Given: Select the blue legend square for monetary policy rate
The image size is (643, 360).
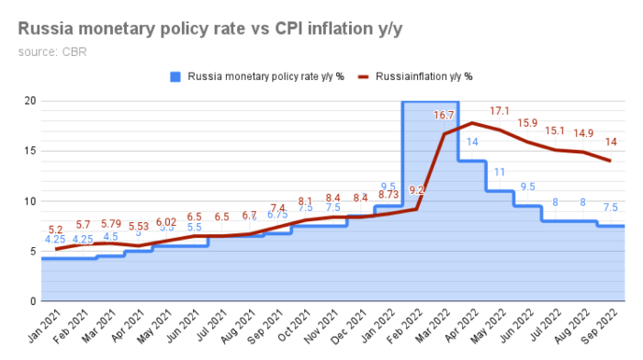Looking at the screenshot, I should pyautogui.click(x=175, y=76).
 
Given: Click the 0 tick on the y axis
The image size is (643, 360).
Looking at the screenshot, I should pyautogui.click(x=32, y=301).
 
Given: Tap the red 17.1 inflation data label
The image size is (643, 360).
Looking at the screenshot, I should pyautogui.click(x=500, y=111).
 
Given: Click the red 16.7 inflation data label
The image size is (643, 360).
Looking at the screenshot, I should pyautogui.click(x=445, y=116).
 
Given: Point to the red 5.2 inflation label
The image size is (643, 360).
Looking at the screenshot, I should pyautogui.click(x=55, y=231).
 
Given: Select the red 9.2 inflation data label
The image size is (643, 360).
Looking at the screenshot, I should pyautogui.click(x=416, y=190).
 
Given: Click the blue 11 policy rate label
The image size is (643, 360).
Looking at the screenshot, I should pyautogui.click(x=500, y=172).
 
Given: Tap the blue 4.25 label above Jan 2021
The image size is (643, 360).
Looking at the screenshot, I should pyautogui.click(x=55, y=241).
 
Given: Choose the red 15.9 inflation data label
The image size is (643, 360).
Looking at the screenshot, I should pyautogui.click(x=528, y=123).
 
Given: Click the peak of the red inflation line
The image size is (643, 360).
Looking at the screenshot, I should pyautogui.click(x=472, y=123).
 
